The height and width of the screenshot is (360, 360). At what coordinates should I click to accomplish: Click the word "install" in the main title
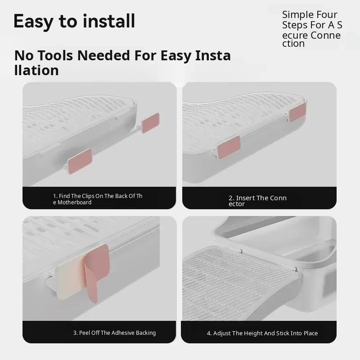click(108, 21)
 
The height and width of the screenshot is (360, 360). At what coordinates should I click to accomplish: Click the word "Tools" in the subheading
click(55, 55)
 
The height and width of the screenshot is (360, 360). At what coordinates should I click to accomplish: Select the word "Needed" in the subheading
click(105, 55)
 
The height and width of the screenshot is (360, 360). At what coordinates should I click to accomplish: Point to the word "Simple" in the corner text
click(298, 15)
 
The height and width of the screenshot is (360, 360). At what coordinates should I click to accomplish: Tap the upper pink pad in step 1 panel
click(150, 122)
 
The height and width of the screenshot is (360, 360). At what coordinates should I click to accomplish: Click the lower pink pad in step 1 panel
click(80, 161)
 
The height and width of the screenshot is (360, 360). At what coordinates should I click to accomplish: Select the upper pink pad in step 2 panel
click(297, 112)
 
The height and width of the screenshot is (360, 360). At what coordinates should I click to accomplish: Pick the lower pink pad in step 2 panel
click(229, 147)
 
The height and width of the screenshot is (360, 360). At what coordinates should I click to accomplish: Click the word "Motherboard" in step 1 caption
click(74, 202)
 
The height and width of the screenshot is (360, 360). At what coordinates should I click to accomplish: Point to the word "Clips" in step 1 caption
click(88, 196)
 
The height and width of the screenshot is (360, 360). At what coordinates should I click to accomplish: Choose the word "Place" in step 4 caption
click(310, 333)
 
